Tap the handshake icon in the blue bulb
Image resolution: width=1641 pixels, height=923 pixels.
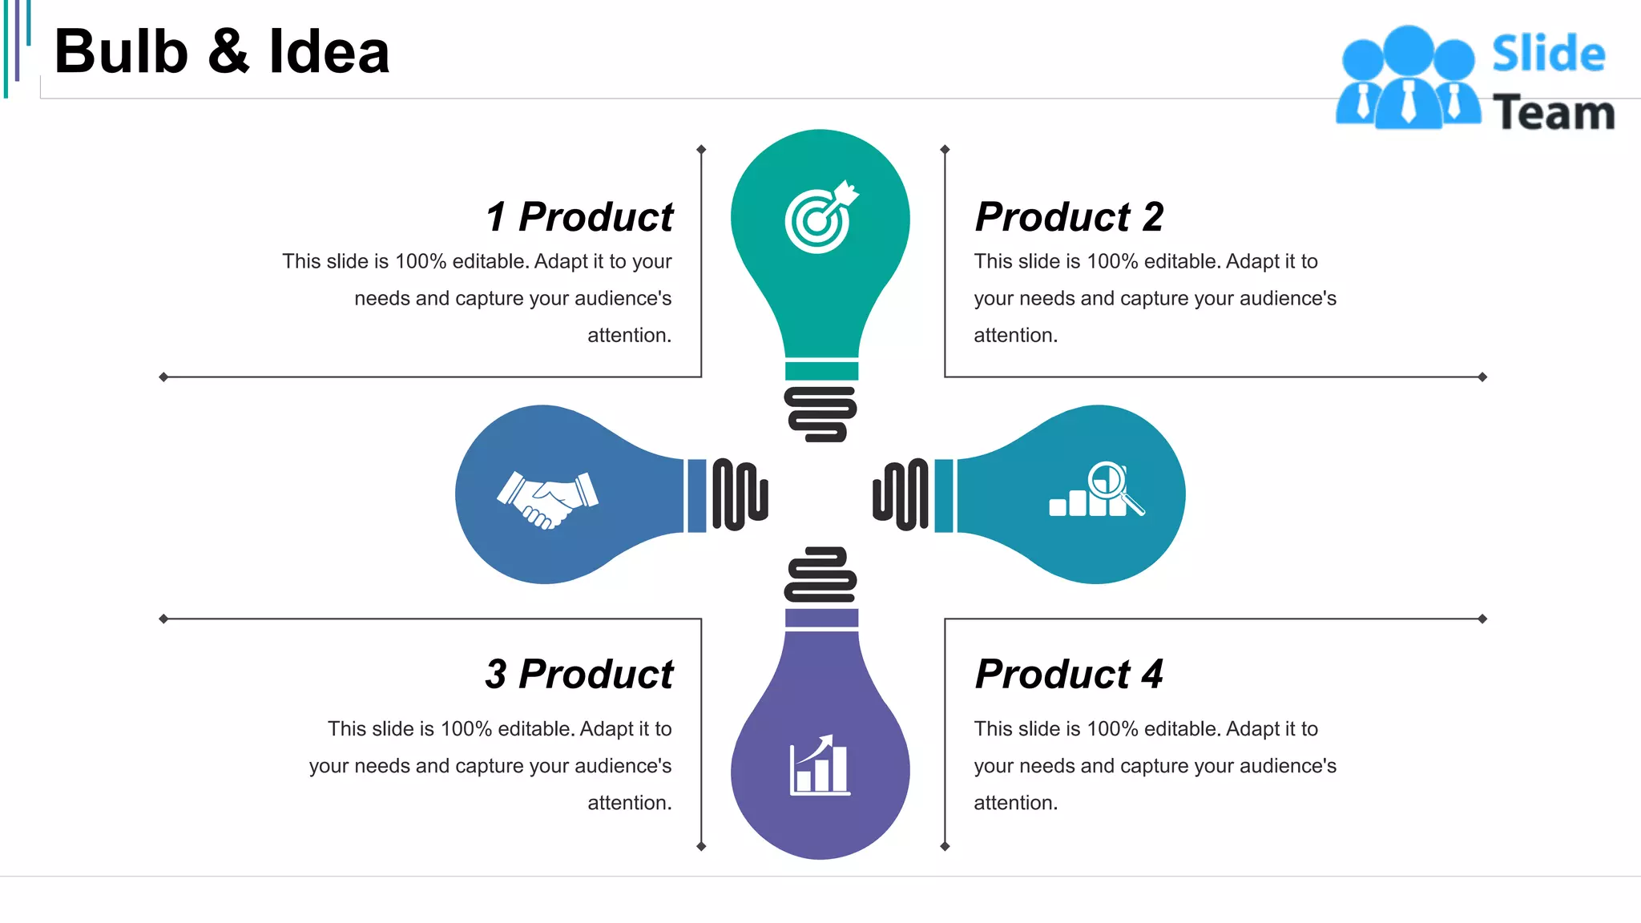click(x=547, y=499)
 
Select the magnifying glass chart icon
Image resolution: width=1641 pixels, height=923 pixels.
click(x=1097, y=490)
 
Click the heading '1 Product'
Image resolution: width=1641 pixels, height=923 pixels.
click(x=579, y=217)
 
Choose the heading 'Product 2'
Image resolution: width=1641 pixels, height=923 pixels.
click(x=1069, y=217)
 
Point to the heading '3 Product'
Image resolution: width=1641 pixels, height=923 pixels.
click(x=579, y=674)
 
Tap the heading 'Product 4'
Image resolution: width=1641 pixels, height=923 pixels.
click(x=1069, y=674)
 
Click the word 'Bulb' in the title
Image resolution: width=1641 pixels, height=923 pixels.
click(x=121, y=52)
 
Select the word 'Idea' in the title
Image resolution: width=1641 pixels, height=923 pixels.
click(x=329, y=52)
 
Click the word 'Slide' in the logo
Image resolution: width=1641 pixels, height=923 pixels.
click(x=1548, y=54)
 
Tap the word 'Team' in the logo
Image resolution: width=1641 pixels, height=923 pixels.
click(x=1553, y=113)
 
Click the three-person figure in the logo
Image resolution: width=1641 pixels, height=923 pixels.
click(x=1408, y=79)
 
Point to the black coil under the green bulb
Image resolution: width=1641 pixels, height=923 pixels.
click(x=820, y=414)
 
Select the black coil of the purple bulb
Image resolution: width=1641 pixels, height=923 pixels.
click(x=820, y=574)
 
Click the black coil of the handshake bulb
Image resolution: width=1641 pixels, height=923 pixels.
click(x=740, y=494)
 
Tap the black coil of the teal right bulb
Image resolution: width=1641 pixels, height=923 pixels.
click(x=901, y=494)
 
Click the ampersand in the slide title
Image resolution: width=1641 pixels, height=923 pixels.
click(x=228, y=52)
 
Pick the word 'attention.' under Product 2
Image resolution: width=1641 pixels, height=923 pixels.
click(x=1015, y=335)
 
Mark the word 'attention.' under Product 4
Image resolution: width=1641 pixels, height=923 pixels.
click(x=1015, y=803)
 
